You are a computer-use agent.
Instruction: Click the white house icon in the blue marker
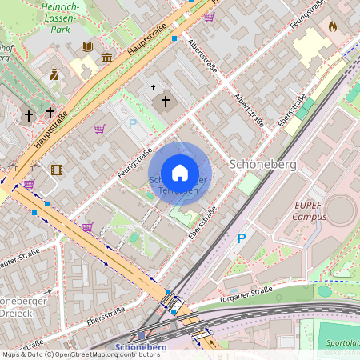click(x=180, y=173)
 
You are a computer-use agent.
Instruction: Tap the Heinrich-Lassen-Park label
click(x=64, y=19)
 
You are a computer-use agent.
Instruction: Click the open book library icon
click(x=87, y=47)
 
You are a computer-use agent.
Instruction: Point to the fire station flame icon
click(x=333, y=26)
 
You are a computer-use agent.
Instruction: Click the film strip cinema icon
click(x=56, y=169)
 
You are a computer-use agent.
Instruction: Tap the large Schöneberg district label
click(x=263, y=163)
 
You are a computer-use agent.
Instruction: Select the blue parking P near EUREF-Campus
click(x=242, y=238)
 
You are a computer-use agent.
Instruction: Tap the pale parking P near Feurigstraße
click(x=133, y=124)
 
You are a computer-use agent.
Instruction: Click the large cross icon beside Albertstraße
click(x=166, y=102)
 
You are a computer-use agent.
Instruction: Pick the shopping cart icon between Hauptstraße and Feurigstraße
click(x=100, y=129)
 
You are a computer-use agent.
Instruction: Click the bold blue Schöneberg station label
click(x=141, y=347)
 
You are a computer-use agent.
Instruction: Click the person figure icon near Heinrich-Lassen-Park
click(x=54, y=74)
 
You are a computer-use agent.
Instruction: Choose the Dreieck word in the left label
click(x=18, y=314)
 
